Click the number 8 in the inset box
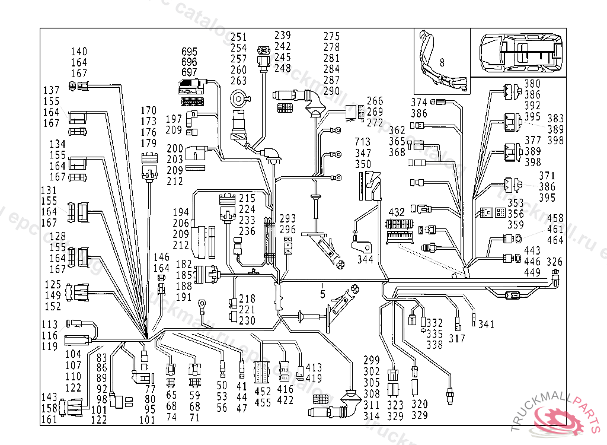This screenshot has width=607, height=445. coord(442,61)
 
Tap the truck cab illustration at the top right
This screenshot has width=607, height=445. coord(520,52)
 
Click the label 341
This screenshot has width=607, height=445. coord(486,325)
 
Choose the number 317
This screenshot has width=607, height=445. coord(457,339)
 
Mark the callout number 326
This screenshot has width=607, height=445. coord(554,262)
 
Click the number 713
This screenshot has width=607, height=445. coord(362,142)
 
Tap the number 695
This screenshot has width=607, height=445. coord(189,52)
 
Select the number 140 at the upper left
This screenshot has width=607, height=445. coord(79,52)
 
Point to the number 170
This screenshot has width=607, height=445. coord(149,110)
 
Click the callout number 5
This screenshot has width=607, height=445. coord(322,293)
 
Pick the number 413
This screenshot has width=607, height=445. coord(314,368)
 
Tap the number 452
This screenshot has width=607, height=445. coord(262,392)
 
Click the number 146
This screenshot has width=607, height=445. coord(161,257)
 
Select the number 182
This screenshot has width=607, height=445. coord(184,263)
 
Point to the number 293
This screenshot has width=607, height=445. coord(287,219)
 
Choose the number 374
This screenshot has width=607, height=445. coord(419,102)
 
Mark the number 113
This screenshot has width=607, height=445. coord(49,325)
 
